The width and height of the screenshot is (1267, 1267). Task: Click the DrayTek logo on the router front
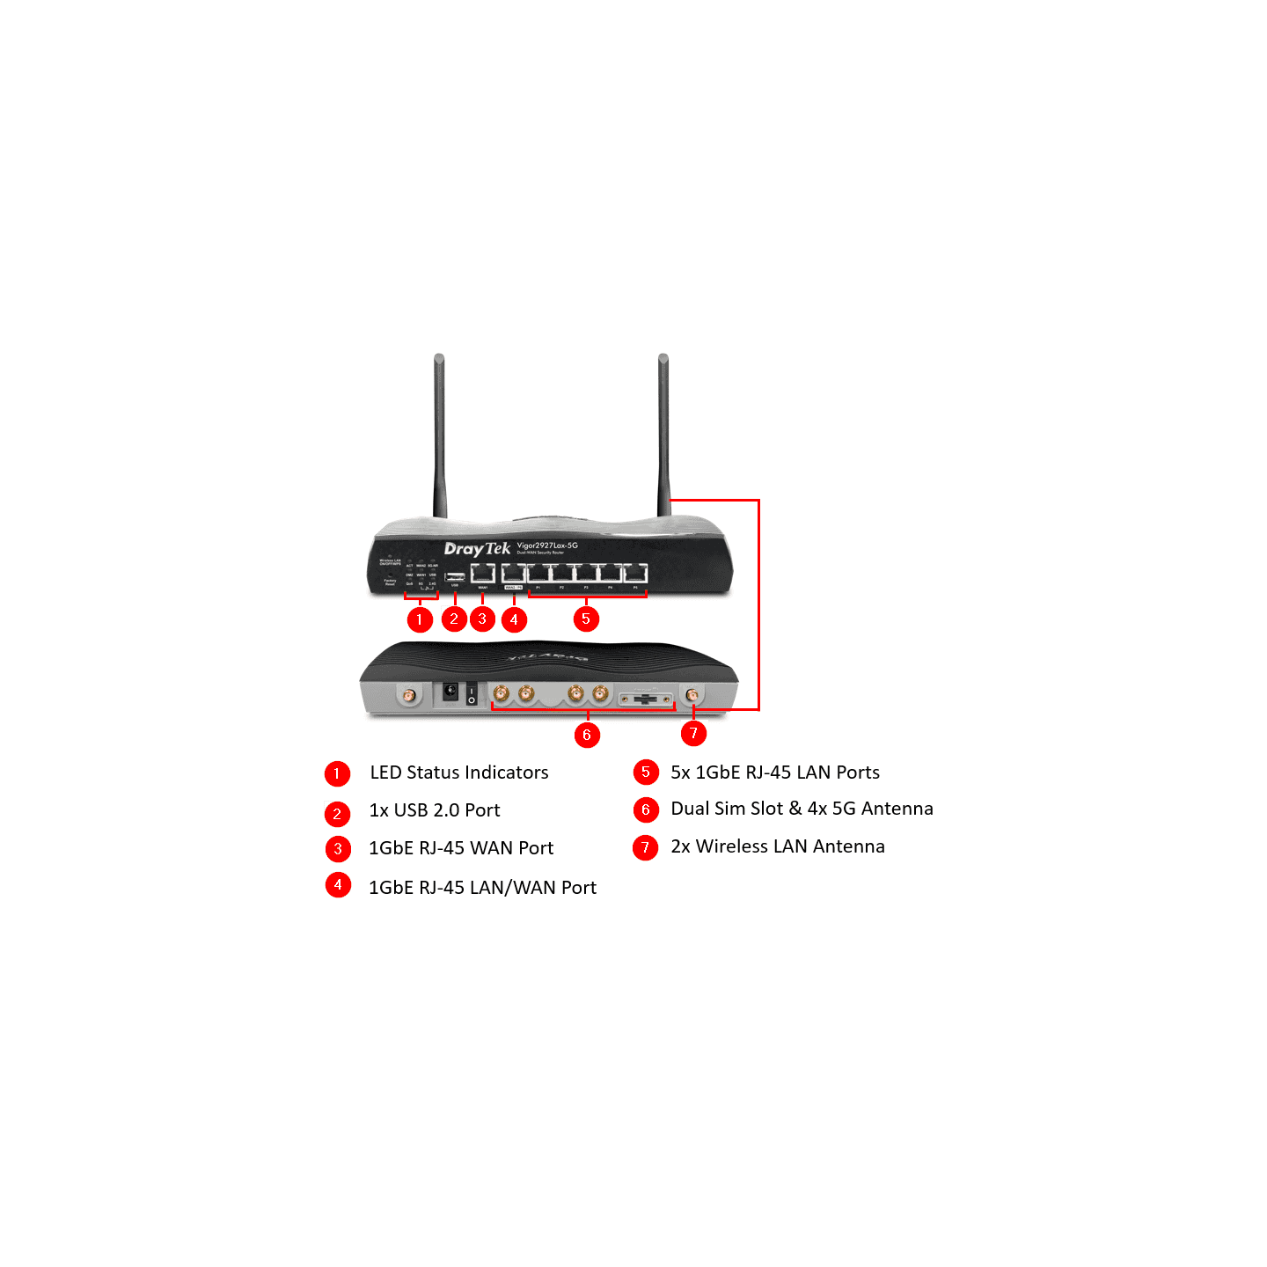pos(477,549)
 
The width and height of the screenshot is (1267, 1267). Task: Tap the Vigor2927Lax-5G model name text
pos(546,546)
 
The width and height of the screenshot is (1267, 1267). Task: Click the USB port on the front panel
pos(455,576)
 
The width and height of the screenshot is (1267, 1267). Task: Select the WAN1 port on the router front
pos(482,575)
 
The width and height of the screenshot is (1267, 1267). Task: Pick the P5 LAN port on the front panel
pos(635,575)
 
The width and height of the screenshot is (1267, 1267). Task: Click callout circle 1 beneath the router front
pos(420,619)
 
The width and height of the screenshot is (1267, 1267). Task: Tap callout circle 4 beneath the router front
pos(514,619)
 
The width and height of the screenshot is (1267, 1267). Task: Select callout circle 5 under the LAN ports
pos(586,619)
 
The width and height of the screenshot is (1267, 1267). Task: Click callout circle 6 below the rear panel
pos(587,735)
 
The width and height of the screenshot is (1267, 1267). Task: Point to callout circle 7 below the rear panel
pos(693,733)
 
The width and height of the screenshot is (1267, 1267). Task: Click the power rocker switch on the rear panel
pos(472,693)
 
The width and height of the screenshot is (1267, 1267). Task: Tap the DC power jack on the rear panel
pos(450,692)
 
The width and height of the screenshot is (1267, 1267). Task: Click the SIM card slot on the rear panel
pos(647,699)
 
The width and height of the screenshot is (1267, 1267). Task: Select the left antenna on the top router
pos(439,436)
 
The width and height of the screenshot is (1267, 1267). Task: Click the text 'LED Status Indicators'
pos(458,773)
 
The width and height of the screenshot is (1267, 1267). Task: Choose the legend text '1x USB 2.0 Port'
pos(435,810)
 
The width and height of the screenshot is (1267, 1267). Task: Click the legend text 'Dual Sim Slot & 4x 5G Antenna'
pos(802,809)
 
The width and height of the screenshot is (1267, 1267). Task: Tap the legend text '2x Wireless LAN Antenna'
pos(778,846)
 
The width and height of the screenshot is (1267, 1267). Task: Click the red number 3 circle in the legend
pos(338,849)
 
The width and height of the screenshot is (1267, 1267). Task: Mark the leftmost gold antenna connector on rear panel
pos(409,696)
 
